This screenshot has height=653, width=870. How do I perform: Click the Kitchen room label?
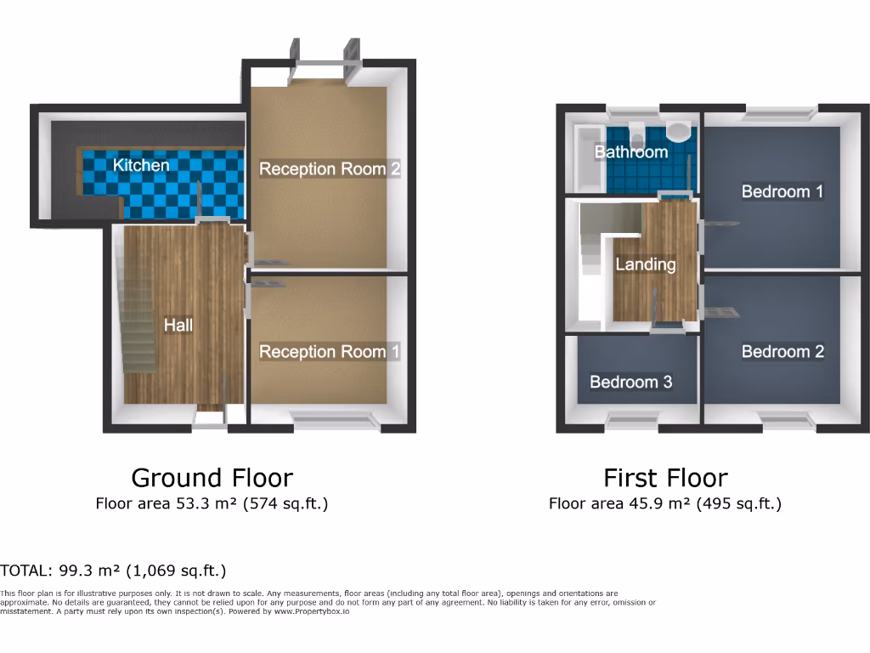point(141,165)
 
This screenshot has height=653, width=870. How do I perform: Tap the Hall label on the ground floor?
point(178,325)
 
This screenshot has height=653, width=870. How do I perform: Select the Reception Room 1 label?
point(329,351)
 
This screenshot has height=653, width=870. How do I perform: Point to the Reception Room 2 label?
point(329,168)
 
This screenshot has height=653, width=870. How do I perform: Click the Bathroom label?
point(630,152)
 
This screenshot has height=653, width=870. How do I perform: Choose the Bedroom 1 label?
point(782,191)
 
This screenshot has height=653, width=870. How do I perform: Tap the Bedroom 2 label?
point(782,351)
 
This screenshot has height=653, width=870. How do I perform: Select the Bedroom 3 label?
point(630,382)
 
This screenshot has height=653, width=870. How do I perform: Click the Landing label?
point(646,264)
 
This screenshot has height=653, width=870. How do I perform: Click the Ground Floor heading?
point(212,478)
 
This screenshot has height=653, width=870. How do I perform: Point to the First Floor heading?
point(665,478)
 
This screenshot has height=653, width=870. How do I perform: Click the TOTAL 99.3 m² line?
point(113,571)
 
